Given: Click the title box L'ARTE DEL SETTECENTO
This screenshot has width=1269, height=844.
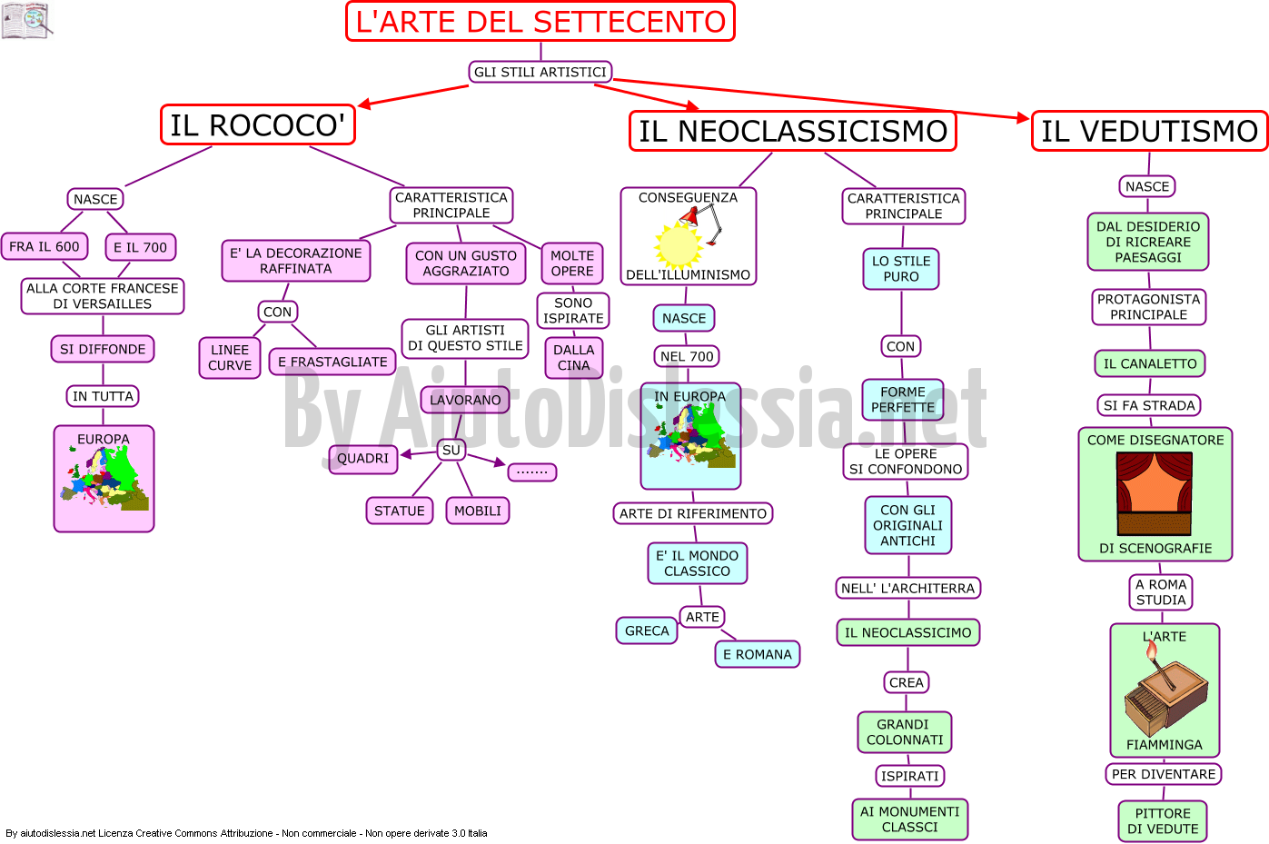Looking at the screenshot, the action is click(x=540, y=22).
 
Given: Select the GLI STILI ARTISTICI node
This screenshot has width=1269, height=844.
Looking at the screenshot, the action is click(x=540, y=72).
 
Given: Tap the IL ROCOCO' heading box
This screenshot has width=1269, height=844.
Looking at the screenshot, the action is click(x=258, y=124).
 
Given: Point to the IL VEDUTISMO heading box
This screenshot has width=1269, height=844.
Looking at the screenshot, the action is click(x=1149, y=131).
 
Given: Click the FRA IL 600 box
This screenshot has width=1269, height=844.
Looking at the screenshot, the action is click(x=45, y=246).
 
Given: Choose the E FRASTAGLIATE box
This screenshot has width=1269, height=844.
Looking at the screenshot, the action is click(x=332, y=362).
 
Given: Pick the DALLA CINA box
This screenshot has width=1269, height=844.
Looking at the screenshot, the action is click(x=573, y=357).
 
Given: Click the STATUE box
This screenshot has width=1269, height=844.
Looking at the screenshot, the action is click(x=400, y=511).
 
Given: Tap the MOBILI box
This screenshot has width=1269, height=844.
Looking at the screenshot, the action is click(x=478, y=511).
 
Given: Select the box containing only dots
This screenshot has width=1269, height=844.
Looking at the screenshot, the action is click(x=532, y=472).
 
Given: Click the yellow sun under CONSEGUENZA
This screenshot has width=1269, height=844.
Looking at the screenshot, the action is click(x=679, y=244).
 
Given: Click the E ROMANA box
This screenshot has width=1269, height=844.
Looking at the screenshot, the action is click(x=758, y=654).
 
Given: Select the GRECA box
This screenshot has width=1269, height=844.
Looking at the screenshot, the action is click(x=647, y=631).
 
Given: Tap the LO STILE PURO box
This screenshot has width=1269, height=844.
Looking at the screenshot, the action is click(x=901, y=269).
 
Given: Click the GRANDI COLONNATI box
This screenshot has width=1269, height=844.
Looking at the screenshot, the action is click(x=905, y=732).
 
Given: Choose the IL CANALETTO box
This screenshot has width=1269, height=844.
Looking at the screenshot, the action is click(x=1150, y=363).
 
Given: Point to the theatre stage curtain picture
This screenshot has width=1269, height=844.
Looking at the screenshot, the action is click(x=1155, y=493).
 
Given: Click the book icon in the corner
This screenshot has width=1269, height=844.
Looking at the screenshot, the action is click(x=26, y=20).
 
